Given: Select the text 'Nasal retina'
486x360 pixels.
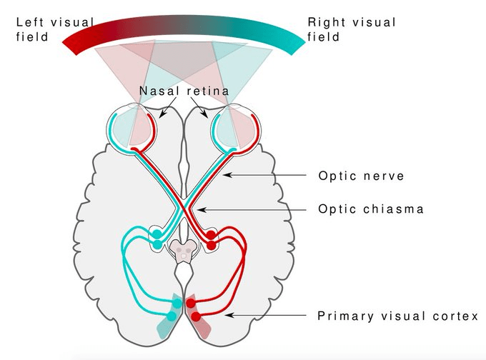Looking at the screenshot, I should coord(186,91).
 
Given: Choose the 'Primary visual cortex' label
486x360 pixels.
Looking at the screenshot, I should coord(397,315).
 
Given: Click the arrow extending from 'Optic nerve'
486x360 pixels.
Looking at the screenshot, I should coord(268,175).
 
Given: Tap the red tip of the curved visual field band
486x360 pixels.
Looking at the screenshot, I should coord(71,44).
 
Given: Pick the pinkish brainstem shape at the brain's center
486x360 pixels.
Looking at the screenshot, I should coord(184,251).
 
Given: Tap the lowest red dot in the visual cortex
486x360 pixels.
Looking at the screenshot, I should coord(196,316).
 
